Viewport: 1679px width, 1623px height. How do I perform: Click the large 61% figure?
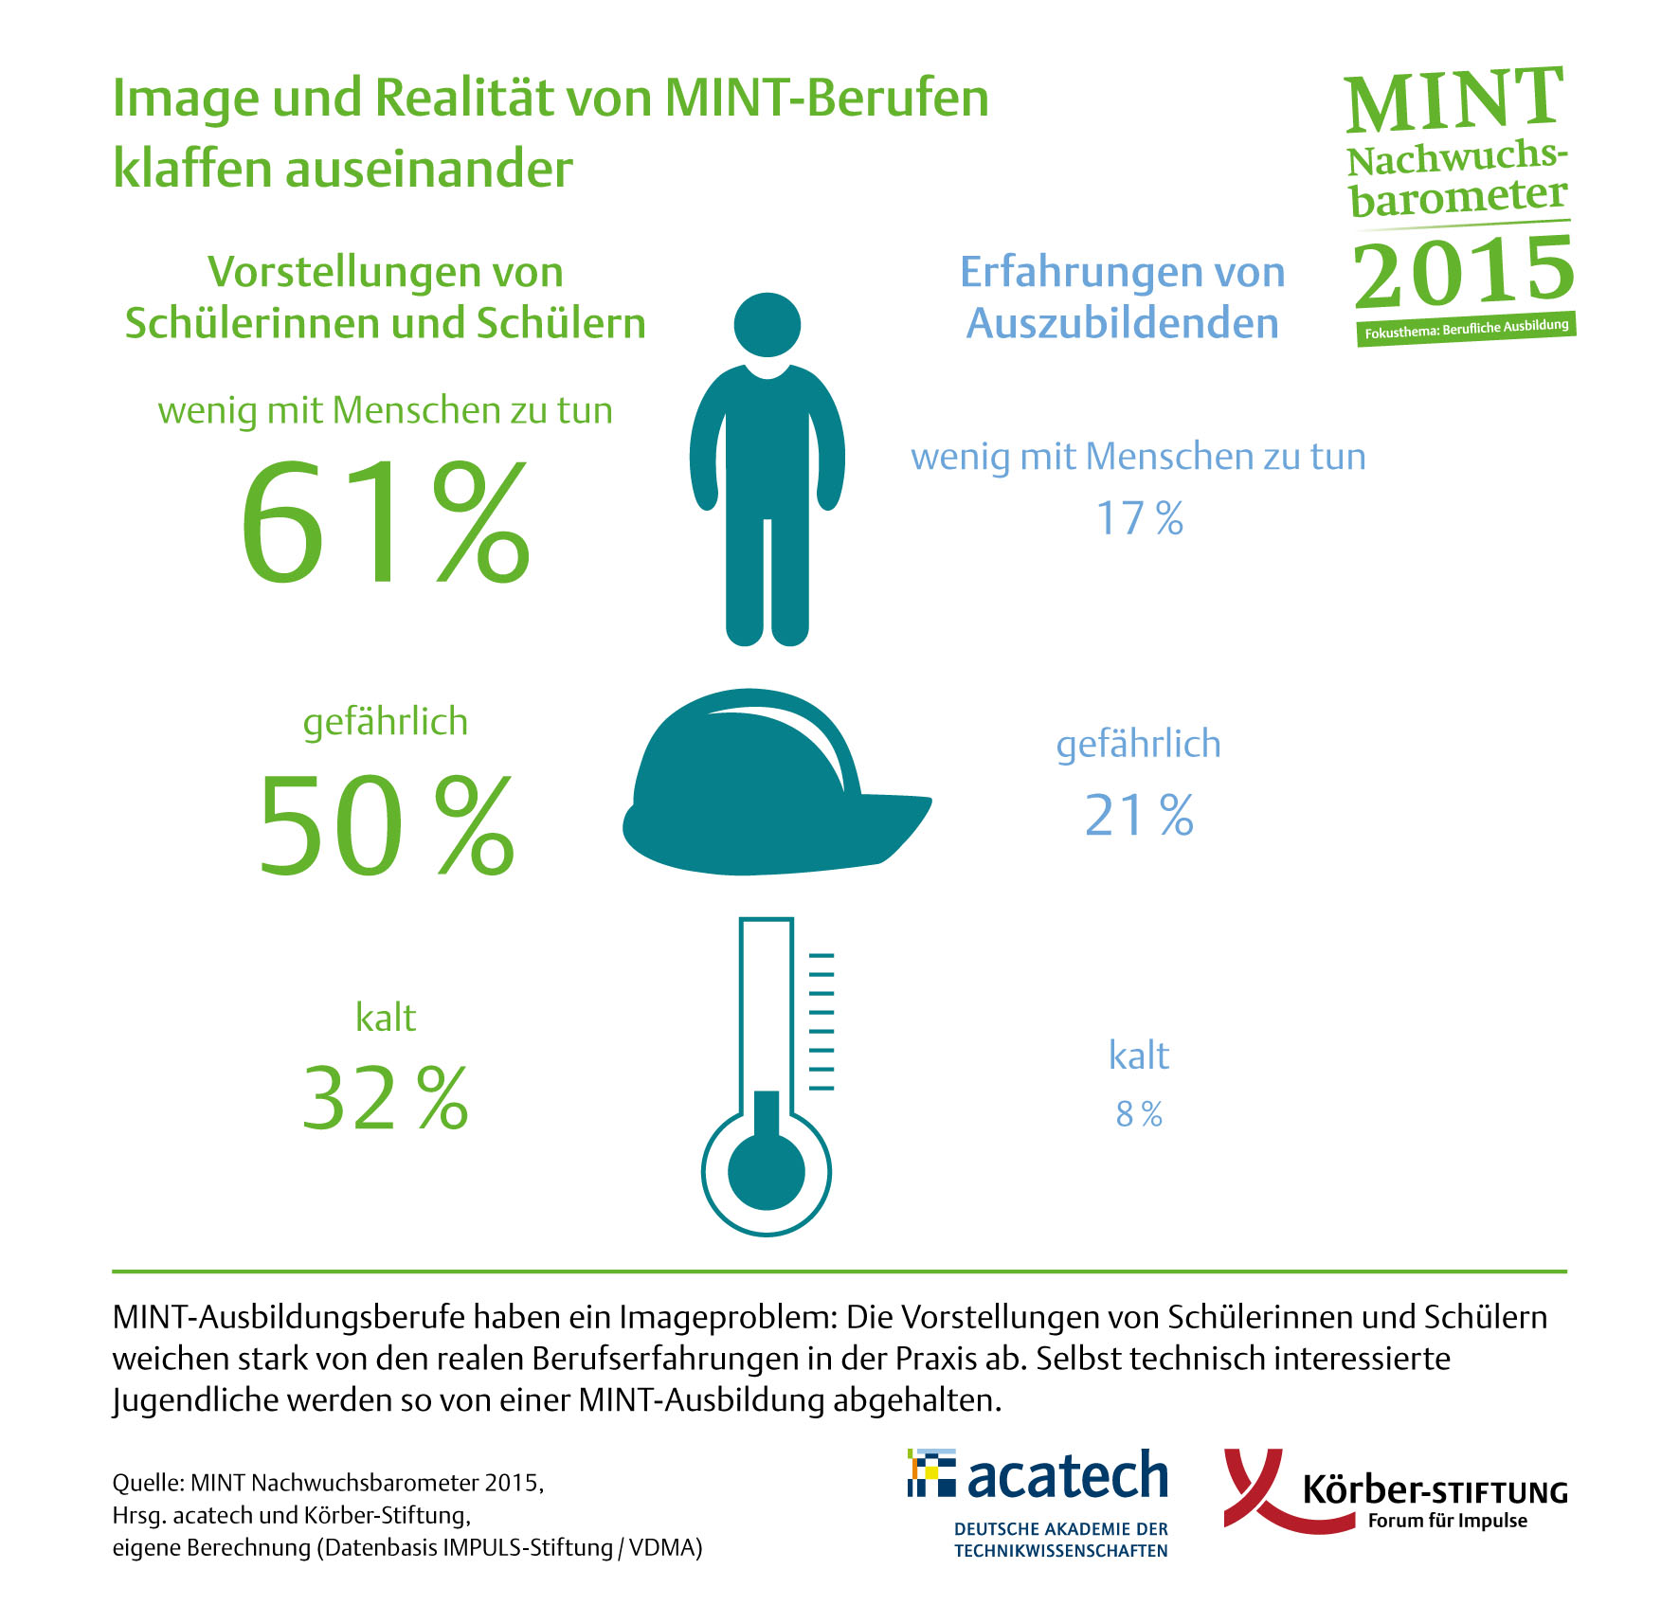point(385,522)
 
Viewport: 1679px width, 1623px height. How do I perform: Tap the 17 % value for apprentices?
point(1139,519)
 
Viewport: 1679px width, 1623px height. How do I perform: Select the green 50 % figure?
point(386,824)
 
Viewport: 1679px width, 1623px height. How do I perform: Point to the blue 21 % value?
point(1138,816)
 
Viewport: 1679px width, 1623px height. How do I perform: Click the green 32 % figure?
point(385,1099)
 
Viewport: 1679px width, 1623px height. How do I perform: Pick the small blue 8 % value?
point(1138,1114)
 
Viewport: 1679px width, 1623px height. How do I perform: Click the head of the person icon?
point(767,325)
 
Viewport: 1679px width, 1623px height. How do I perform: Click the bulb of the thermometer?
point(766,1171)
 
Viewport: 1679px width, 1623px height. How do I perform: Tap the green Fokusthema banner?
point(1466,329)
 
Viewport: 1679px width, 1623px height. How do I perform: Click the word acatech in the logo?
point(1067,1477)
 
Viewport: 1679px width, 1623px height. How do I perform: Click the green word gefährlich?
point(385,722)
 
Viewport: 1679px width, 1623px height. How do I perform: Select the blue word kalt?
point(1138,1055)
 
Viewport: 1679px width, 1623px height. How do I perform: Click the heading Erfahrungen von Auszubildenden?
point(1122,298)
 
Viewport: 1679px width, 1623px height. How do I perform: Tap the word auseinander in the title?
point(428,170)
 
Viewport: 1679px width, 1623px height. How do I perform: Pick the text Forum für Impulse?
point(1447,1521)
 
